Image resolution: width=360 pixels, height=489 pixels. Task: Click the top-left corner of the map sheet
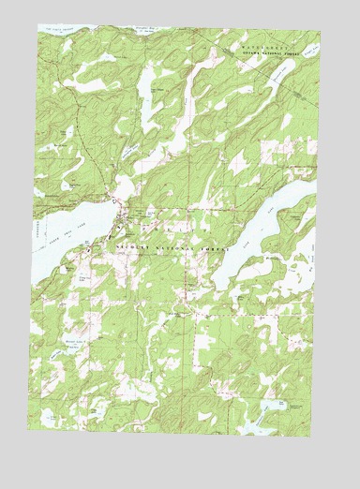pyautogui.click(x=39, y=26)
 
